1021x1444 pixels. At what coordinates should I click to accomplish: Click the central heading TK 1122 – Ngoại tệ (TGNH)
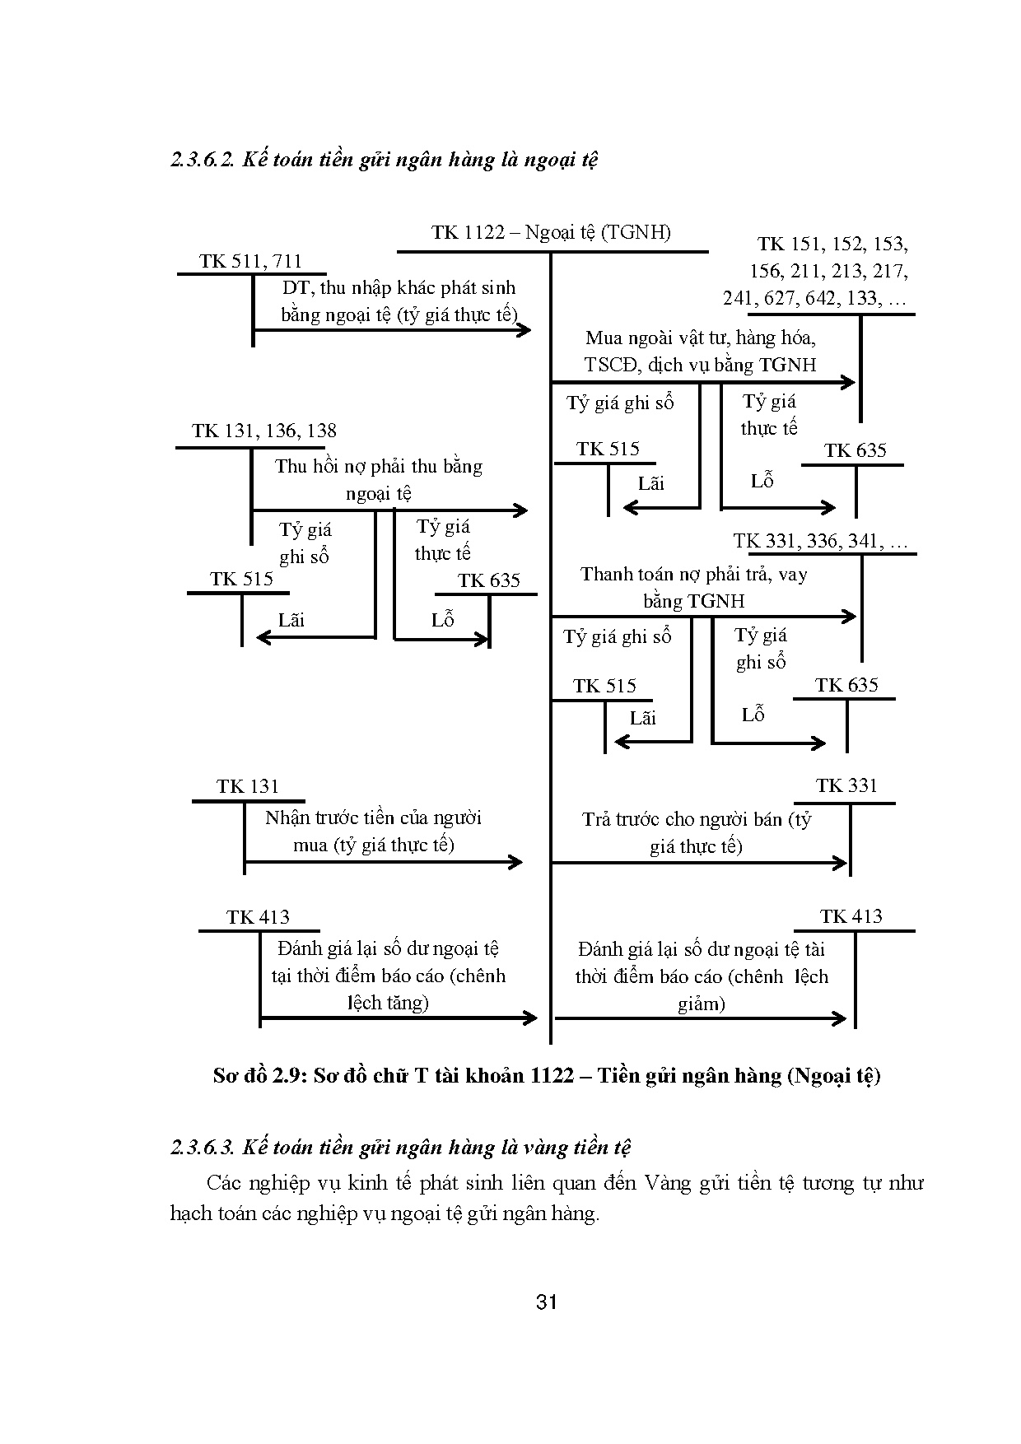(x=551, y=232)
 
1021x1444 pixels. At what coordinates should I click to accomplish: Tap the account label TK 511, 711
(x=250, y=262)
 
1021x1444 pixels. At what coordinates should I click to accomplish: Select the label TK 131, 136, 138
(x=263, y=431)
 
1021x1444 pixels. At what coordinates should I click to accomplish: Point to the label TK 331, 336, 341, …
(x=820, y=542)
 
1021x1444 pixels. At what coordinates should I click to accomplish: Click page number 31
(x=547, y=1302)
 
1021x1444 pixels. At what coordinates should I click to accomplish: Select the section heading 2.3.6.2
(x=384, y=159)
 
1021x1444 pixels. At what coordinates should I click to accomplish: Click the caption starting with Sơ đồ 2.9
(x=547, y=1075)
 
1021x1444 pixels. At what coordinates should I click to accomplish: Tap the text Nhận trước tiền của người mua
(x=373, y=831)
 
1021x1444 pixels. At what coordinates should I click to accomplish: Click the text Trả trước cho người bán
(x=697, y=832)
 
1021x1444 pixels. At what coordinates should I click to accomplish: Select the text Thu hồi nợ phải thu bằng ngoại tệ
(x=378, y=479)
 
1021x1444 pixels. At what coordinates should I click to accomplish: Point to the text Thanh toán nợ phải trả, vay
(x=693, y=587)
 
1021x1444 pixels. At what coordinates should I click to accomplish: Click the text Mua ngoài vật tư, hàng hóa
(x=700, y=338)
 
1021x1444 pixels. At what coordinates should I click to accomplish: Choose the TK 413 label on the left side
(x=258, y=917)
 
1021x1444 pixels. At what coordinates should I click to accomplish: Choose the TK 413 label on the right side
(x=851, y=916)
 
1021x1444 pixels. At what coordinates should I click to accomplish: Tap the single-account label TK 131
(x=248, y=786)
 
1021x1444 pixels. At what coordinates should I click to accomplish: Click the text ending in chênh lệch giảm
(x=702, y=976)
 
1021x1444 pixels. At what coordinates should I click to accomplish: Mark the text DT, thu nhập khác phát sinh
(x=399, y=288)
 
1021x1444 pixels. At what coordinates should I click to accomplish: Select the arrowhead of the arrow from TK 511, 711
(x=524, y=330)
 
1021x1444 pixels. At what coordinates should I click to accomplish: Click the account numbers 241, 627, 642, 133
(x=814, y=298)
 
